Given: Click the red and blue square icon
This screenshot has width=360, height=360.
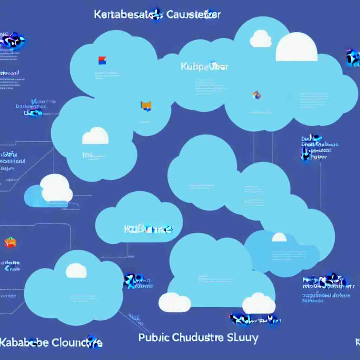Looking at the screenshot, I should pyautogui.click(x=102, y=60).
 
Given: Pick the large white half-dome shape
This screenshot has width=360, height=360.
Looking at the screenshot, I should pyautogui.click(x=296, y=47).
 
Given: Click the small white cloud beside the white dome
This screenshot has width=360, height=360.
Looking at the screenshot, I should pyautogui.click(x=261, y=39).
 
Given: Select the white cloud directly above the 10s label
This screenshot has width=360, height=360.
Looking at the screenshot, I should pyautogui.click(x=95, y=136).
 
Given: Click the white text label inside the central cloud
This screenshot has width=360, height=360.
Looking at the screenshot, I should pyautogui.click(x=148, y=229).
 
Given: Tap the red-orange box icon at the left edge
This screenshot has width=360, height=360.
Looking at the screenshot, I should pyautogui.click(x=10, y=242).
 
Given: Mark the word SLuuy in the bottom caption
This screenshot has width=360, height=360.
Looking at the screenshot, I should pyautogui.click(x=243, y=338).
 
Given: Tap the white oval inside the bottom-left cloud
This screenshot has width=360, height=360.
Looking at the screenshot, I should pyautogui.click(x=76, y=271).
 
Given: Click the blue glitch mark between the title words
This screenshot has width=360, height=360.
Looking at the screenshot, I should pyautogui.click(x=156, y=15).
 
